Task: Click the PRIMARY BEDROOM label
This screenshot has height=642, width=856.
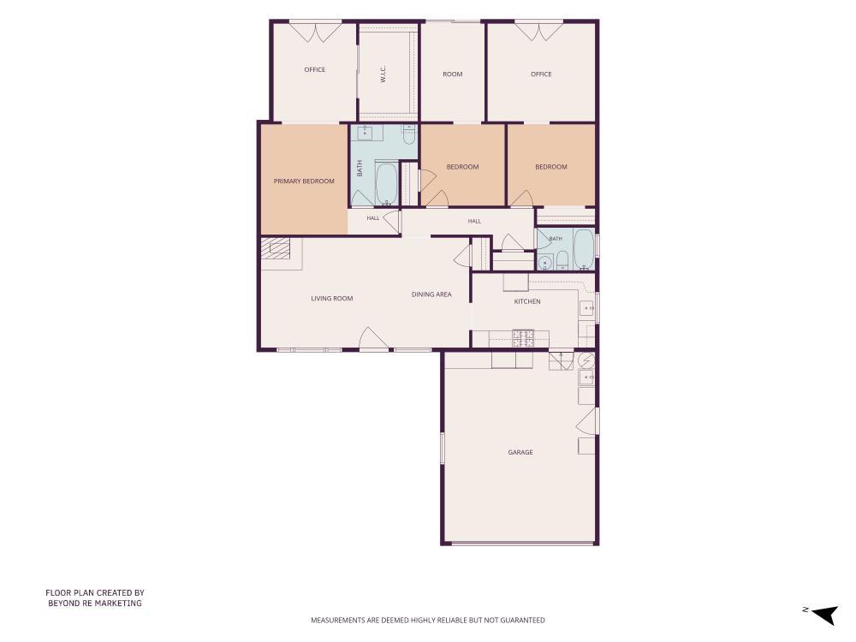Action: [x=304, y=181]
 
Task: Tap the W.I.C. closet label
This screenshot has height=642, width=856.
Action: [x=383, y=74]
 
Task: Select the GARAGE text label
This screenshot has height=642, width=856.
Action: [x=520, y=452]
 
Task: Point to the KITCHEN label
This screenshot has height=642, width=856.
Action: [x=527, y=301]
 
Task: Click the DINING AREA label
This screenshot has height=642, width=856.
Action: [x=431, y=294]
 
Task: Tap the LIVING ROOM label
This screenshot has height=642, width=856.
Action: [x=332, y=299]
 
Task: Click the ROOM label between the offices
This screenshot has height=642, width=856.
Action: [x=453, y=74]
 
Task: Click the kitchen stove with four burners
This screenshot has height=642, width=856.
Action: [x=523, y=338]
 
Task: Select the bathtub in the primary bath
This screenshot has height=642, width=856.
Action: [x=387, y=183]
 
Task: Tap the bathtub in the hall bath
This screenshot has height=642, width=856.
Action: [x=583, y=249]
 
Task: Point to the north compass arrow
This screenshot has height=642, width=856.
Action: [x=825, y=614]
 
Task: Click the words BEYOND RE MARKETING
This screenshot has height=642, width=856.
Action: [x=95, y=603]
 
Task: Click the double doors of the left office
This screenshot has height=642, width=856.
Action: [x=315, y=33]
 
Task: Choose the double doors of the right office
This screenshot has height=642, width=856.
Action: [x=538, y=31]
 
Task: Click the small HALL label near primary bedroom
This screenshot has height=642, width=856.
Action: [x=373, y=218]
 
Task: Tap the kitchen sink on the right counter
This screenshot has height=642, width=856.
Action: [x=587, y=309]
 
